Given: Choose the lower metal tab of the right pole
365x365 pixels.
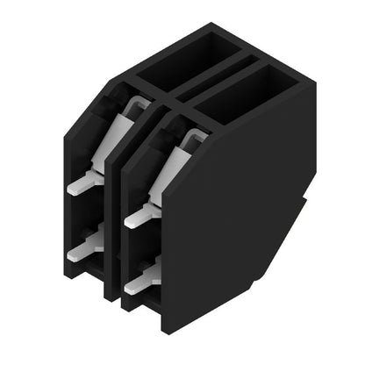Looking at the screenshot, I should (x=140, y=280).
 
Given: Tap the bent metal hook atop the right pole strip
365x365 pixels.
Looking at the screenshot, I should (x=194, y=135).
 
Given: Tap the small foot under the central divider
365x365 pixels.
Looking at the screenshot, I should (x=111, y=294).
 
